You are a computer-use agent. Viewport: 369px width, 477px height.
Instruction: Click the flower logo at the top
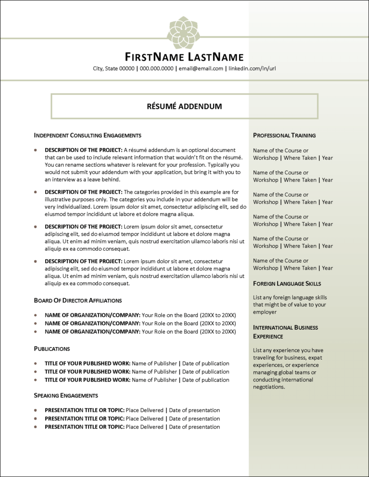click(184, 33)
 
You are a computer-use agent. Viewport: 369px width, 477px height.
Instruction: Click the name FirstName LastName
click(184, 57)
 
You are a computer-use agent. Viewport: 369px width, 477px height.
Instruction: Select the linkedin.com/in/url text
click(253, 68)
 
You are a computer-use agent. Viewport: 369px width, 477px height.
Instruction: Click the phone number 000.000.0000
click(156, 68)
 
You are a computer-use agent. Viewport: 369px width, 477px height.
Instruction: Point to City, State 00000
click(114, 68)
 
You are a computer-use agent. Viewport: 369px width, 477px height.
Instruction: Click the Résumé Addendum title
click(184, 106)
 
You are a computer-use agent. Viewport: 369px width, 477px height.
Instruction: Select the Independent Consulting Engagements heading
click(88, 136)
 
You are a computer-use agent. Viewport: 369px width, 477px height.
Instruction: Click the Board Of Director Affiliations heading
click(78, 300)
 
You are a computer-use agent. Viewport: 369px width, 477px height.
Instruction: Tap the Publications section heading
click(52, 348)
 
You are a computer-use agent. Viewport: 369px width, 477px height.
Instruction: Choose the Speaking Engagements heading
click(66, 395)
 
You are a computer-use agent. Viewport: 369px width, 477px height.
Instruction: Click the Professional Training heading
click(284, 136)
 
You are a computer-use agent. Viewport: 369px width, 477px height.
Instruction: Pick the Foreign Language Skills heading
click(287, 283)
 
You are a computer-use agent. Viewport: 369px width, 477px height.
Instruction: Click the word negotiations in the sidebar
click(268, 387)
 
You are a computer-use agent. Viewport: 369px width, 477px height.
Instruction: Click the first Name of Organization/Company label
click(92, 315)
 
